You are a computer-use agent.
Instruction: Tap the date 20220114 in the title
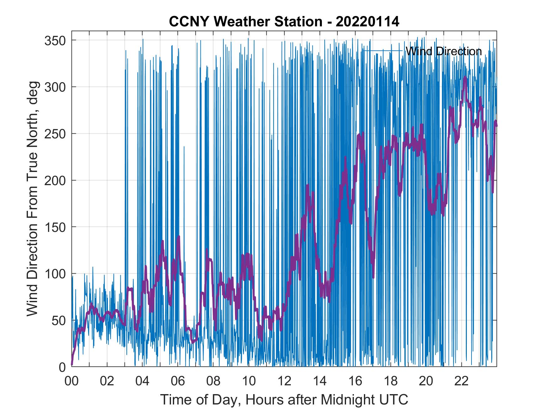pos(367,22)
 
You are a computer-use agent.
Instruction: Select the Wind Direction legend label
pos(444,51)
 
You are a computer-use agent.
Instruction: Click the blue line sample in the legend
pos(382,51)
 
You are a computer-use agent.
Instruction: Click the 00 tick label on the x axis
pos(72,382)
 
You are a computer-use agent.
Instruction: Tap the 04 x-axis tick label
pos(142,382)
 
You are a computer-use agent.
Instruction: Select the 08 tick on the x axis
pos(213,382)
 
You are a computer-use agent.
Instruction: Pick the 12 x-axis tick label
pos(284,382)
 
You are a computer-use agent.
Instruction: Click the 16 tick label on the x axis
pos(355,382)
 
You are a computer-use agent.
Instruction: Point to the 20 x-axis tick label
pos(426,382)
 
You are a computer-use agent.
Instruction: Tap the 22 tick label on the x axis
pos(461,382)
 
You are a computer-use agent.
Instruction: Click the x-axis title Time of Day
pos(284,400)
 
